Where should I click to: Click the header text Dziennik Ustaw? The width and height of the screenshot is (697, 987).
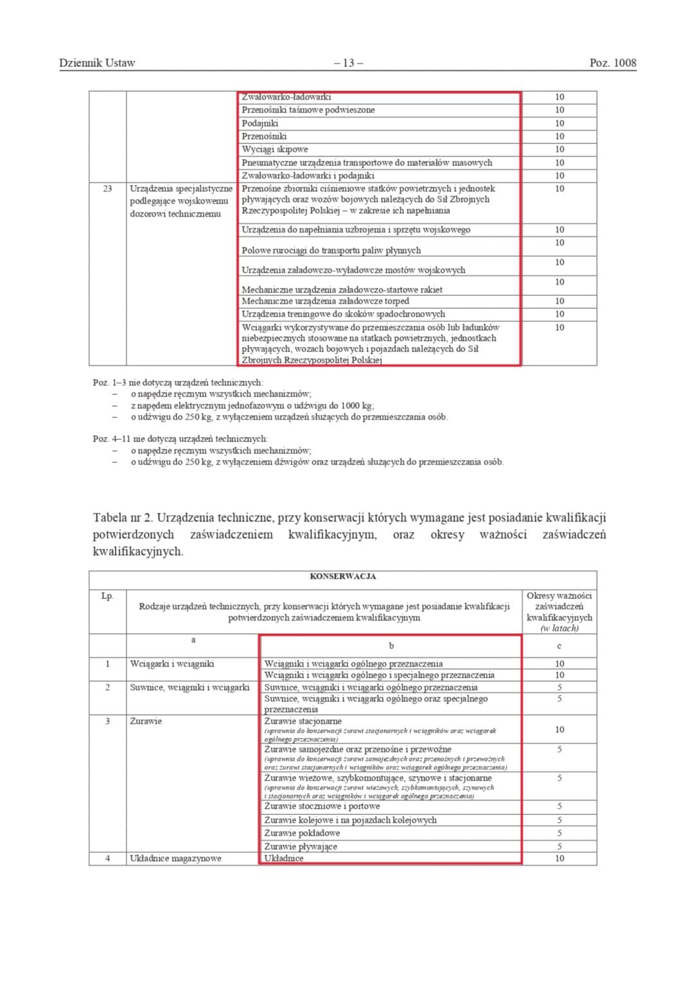(97, 63)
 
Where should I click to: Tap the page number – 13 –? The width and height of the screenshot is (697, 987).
(348, 63)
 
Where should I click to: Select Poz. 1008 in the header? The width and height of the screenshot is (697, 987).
(612, 63)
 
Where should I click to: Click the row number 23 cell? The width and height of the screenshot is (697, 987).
(107, 189)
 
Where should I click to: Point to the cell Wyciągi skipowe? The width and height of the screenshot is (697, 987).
(275, 149)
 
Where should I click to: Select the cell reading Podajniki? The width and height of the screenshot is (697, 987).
(260, 123)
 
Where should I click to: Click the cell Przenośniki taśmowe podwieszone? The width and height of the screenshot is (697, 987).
(308, 110)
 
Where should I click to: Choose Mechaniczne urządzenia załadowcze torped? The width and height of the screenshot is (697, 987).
(325, 301)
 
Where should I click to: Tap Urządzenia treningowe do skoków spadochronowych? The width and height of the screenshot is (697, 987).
(343, 314)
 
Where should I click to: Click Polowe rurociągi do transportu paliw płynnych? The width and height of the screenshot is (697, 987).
(331, 250)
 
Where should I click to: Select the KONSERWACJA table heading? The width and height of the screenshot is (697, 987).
(342, 576)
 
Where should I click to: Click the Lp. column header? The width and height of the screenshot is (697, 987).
(107, 596)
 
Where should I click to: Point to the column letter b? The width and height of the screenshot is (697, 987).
(391, 646)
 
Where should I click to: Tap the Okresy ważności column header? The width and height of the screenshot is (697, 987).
(559, 612)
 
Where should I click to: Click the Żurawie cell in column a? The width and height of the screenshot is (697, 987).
(146, 721)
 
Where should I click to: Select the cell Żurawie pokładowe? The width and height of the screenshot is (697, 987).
(302, 833)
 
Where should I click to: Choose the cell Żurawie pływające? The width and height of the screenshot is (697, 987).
(301, 846)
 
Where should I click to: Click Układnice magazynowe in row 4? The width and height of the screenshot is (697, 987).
(175, 858)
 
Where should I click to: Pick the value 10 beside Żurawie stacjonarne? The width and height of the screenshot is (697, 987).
(559, 729)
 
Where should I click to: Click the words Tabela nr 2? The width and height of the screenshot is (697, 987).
(121, 518)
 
